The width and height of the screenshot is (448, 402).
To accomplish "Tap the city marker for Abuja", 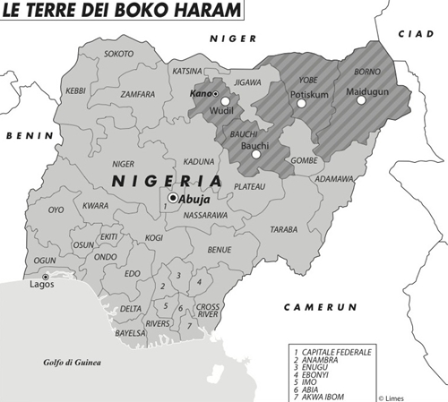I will [172, 199].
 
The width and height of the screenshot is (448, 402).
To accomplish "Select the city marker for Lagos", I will [46, 277].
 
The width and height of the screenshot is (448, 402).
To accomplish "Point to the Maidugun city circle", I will [362, 101].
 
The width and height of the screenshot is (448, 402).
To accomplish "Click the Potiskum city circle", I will [302, 104].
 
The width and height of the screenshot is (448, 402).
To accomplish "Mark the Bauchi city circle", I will [255, 154].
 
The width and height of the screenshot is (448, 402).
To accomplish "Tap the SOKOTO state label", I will [119, 54].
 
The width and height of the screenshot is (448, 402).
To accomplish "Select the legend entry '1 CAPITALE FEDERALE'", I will [332, 353].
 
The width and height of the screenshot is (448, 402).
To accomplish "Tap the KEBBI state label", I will [76, 90].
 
